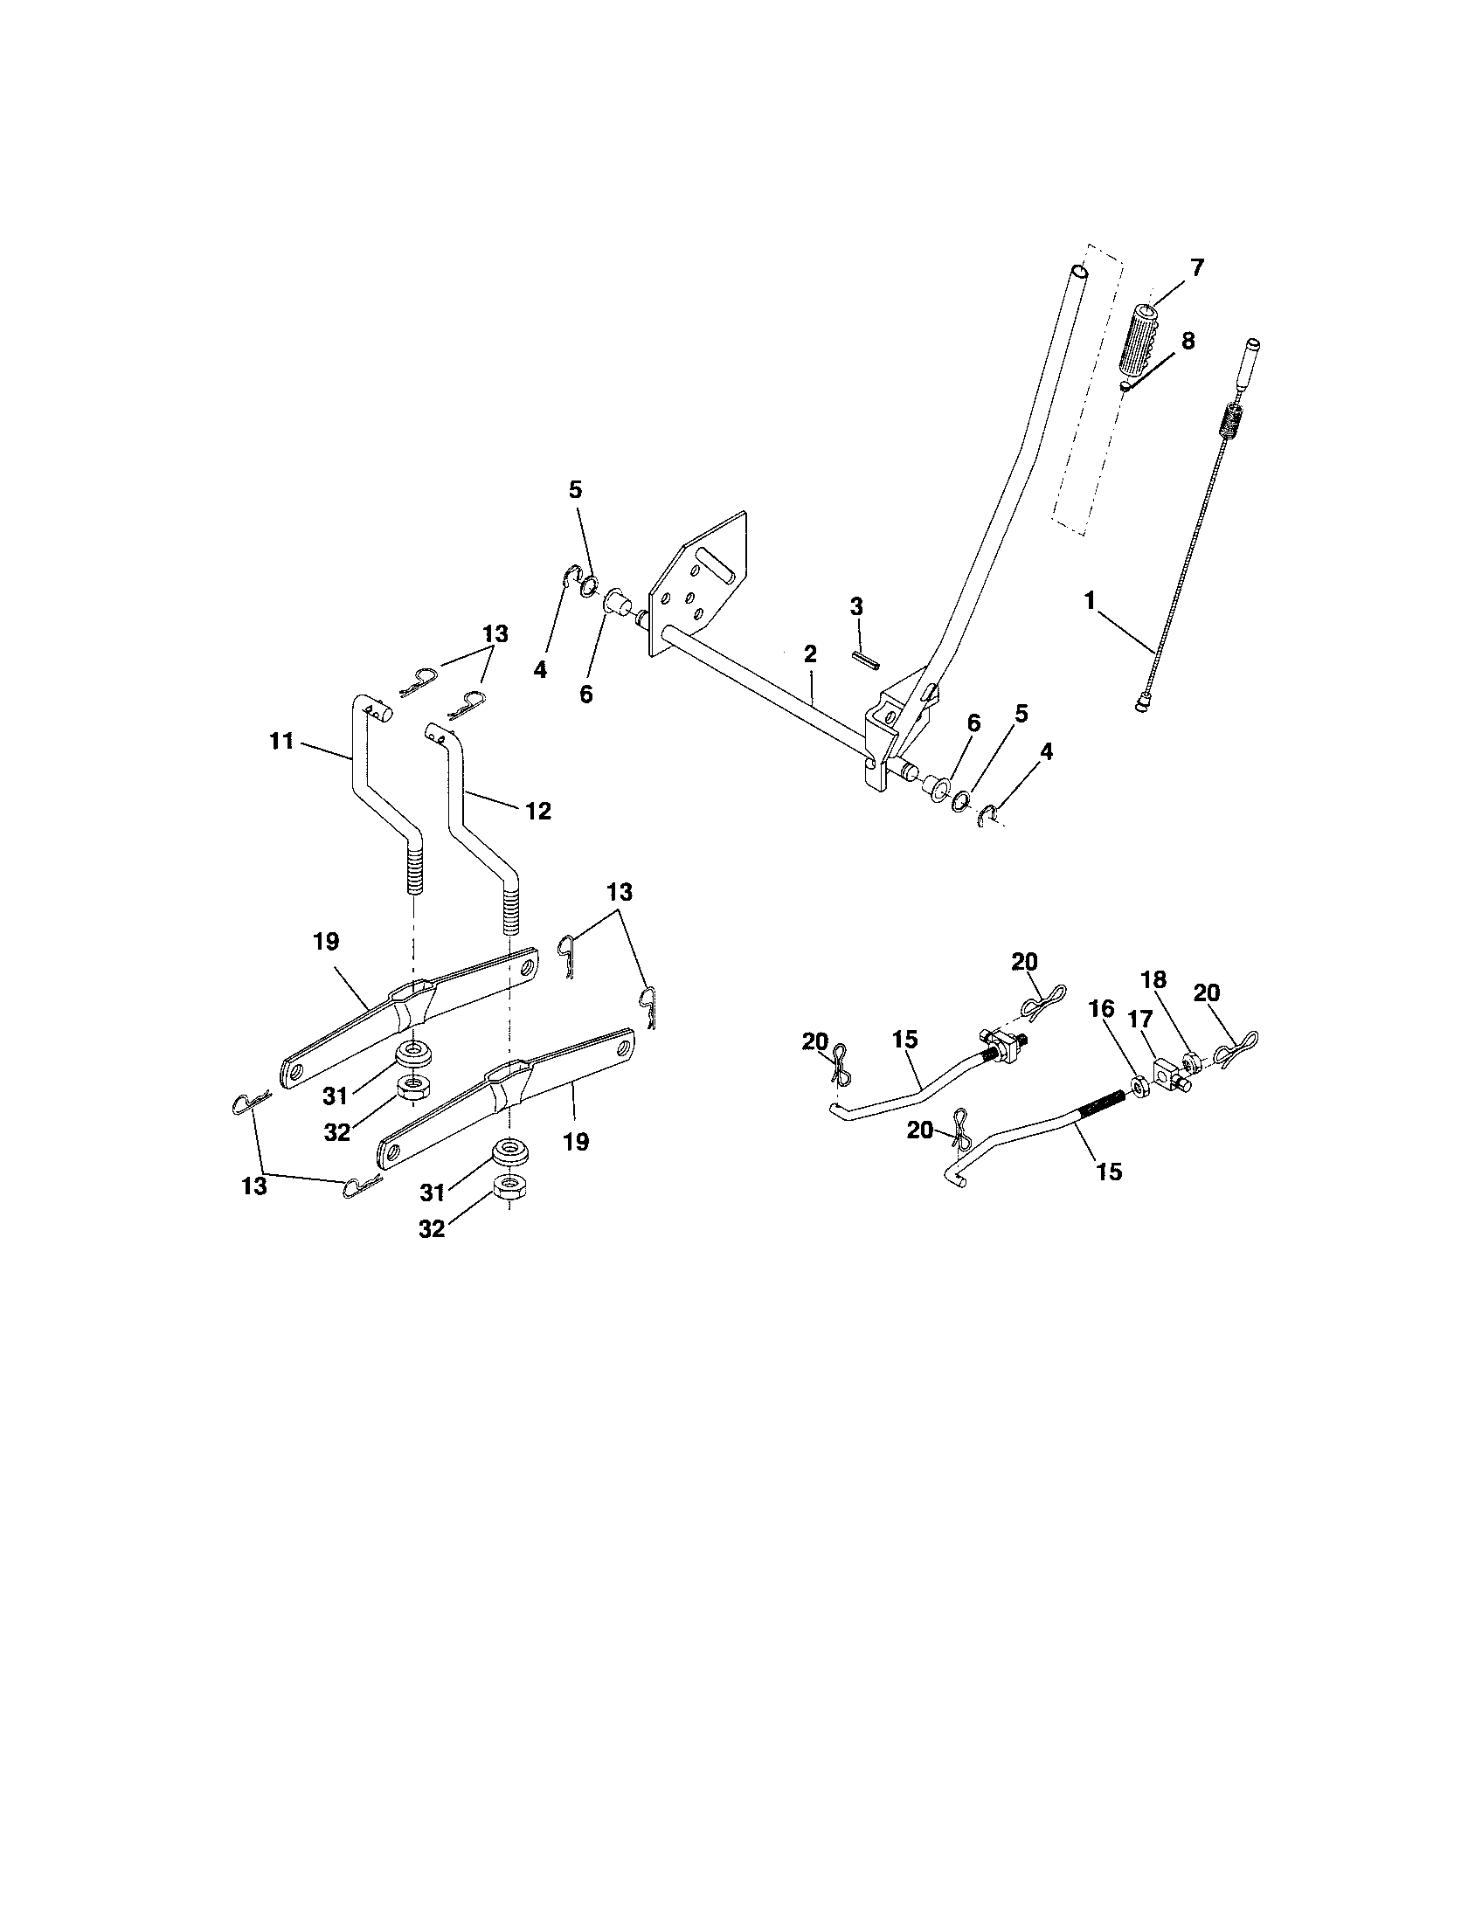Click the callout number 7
pos(1197,266)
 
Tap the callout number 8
pos(1188,341)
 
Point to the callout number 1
pos(1090,600)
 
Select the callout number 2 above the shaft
pos(810,653)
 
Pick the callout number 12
pos(537,811)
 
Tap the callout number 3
pos(856,606)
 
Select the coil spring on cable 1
pos(1230,421)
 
